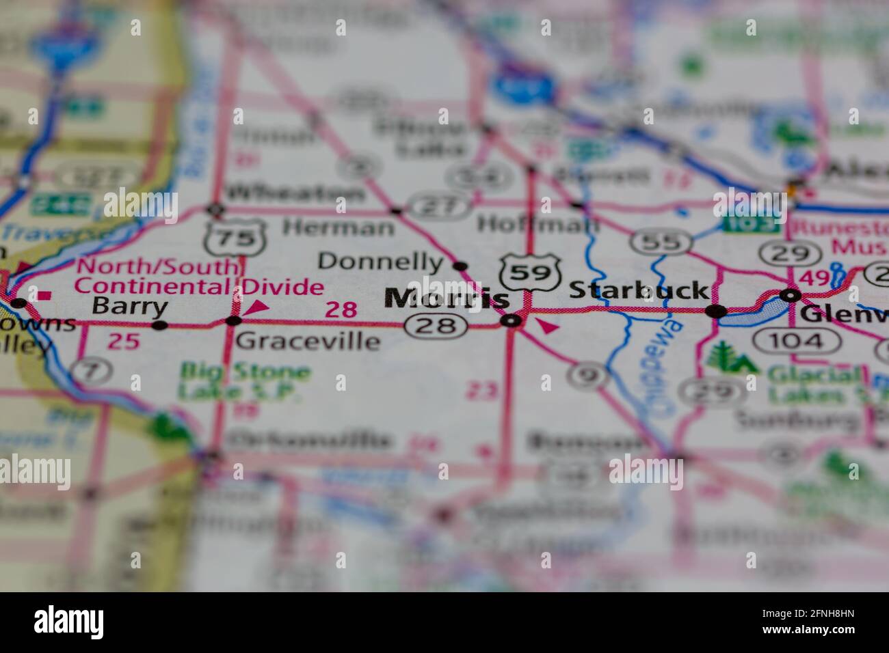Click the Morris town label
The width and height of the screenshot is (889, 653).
[x=447, y=298]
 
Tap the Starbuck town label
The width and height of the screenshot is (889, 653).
[x=638, y=290]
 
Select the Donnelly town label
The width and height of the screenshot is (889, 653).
[x=381, y=261]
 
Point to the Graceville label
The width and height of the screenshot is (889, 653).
[x=306, y=340]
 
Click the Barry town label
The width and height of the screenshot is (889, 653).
[x=129, y=307]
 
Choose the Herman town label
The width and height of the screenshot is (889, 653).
[x=339, y=226]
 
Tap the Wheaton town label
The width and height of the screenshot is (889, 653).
[x=295, y=193]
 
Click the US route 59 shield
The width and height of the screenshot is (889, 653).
[x=526, y=272]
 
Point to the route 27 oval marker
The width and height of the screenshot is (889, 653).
[x=438, y=206]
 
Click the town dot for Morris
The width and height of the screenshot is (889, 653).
[x=511, y=320]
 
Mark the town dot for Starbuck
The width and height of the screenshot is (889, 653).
[x=716, y=311]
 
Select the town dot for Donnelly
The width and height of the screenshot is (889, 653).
[x=460, y=266]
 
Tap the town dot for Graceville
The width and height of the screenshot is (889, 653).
[x=234, y=320]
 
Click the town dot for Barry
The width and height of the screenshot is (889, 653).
[x=160, y=326]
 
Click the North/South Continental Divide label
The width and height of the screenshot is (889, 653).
[x=200, y=276]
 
